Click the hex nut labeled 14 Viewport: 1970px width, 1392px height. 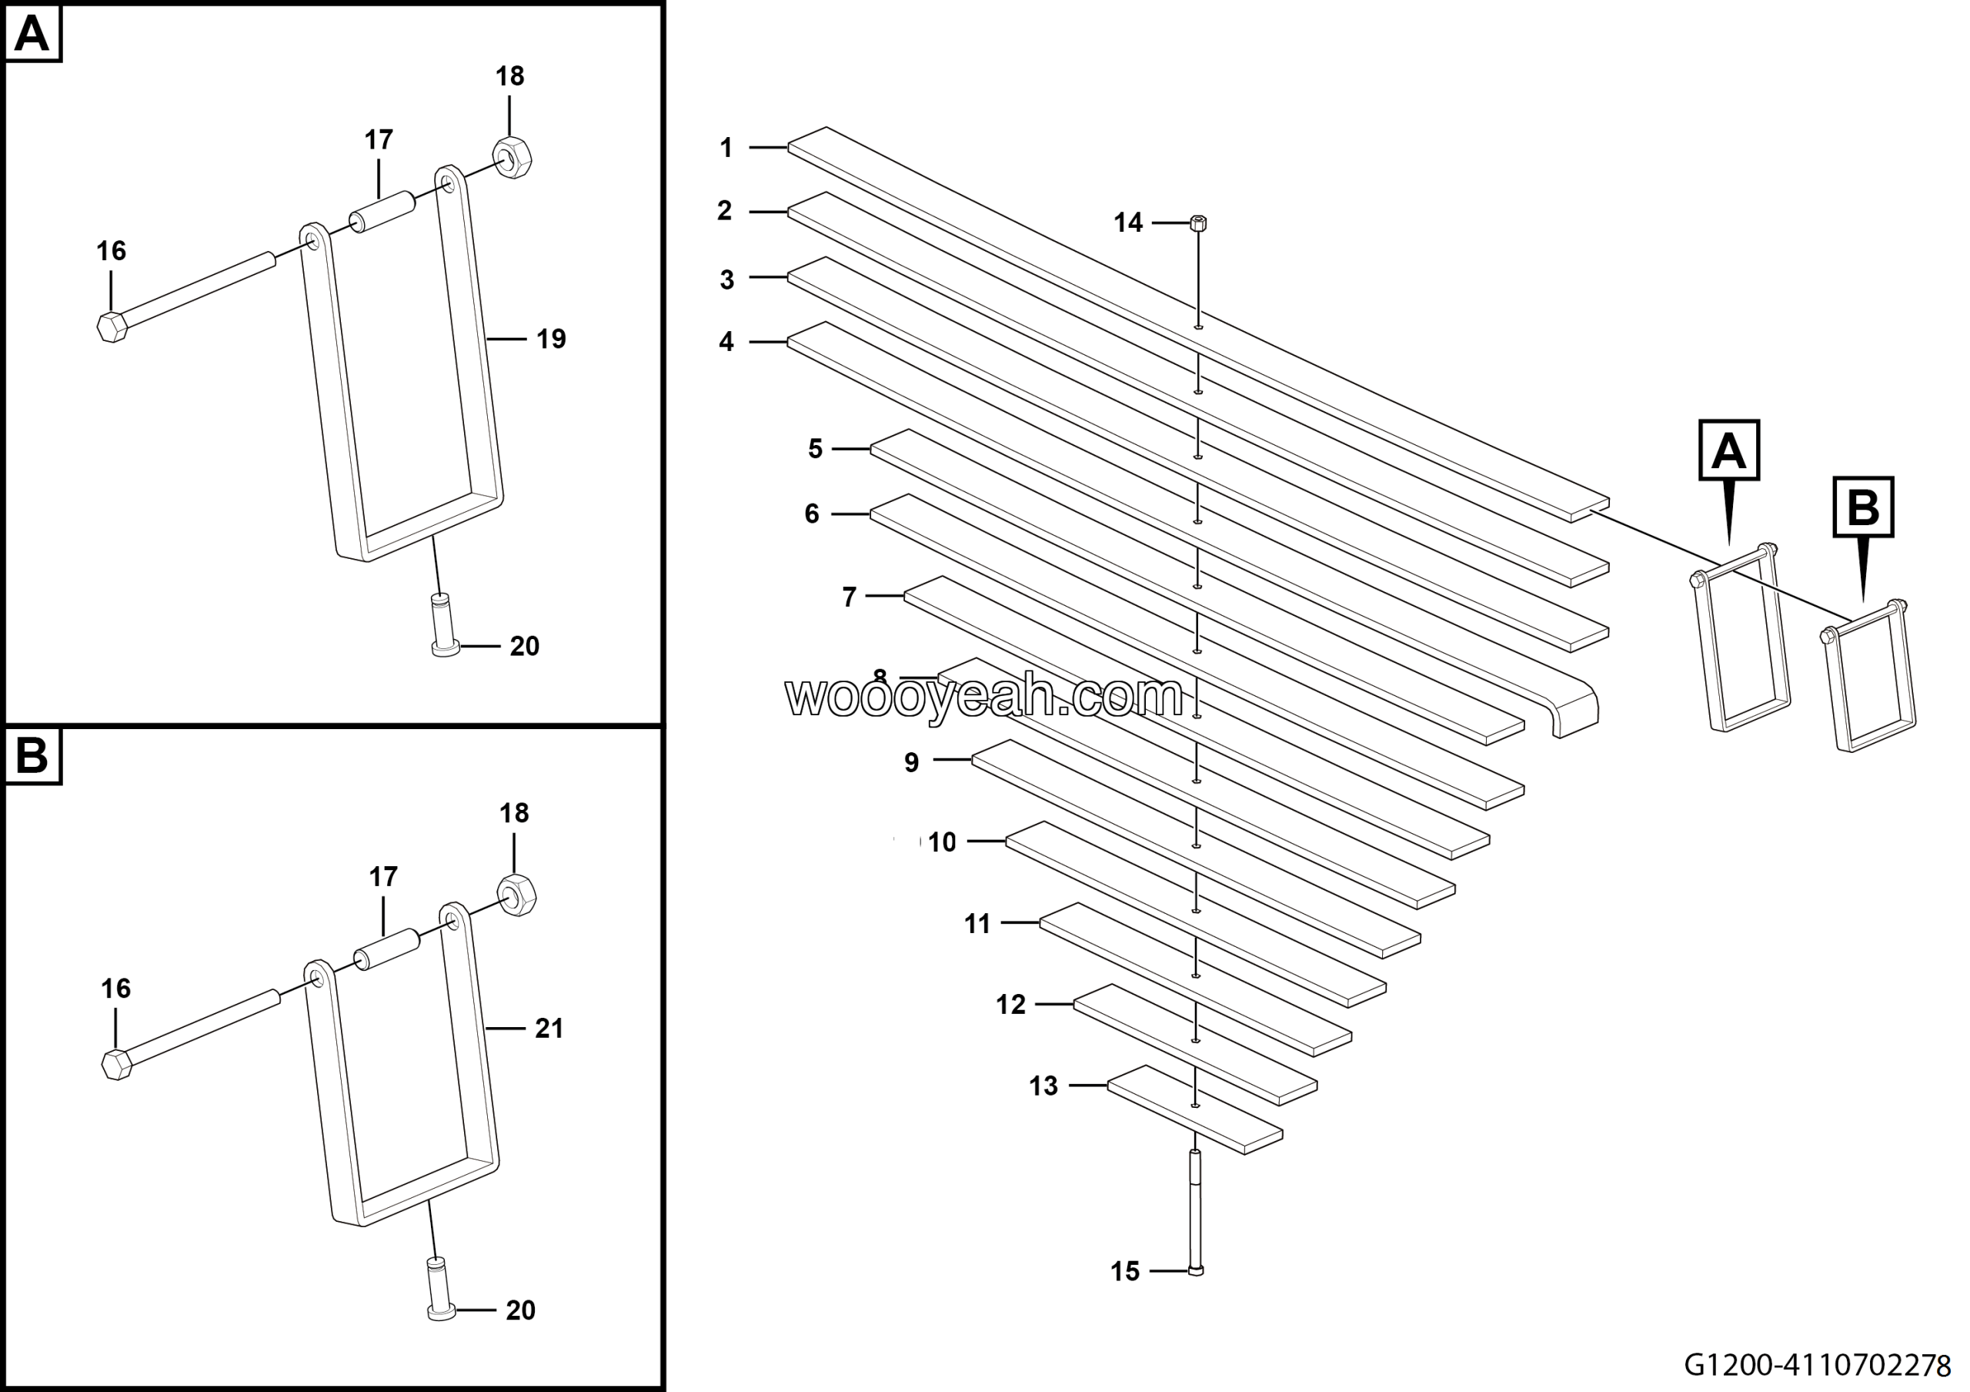[1199, 224]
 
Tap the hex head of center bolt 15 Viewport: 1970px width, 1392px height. [1196, 1271]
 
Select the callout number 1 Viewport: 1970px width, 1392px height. [726, 149]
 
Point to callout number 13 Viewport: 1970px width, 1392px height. [1043, 1086]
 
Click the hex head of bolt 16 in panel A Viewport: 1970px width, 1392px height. [112, 327]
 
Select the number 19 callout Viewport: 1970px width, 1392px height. [551, 340]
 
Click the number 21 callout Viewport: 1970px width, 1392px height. [549, 1028]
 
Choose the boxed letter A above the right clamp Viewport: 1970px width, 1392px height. [1729, 450]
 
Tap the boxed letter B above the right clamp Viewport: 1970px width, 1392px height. [1863, 507]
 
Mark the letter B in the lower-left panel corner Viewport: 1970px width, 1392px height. [32, 756]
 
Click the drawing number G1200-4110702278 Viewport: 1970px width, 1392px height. [1823, 1364]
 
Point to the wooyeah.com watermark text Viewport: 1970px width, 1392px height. [983, 696]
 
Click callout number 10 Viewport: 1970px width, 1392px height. [941, 842]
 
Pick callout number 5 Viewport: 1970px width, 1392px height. [815, 449]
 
